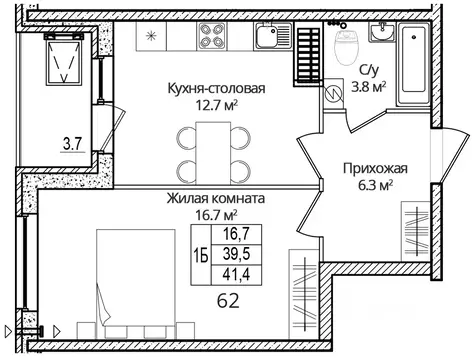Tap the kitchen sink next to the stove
click(267, 41)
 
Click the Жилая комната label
click(216, 198)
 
